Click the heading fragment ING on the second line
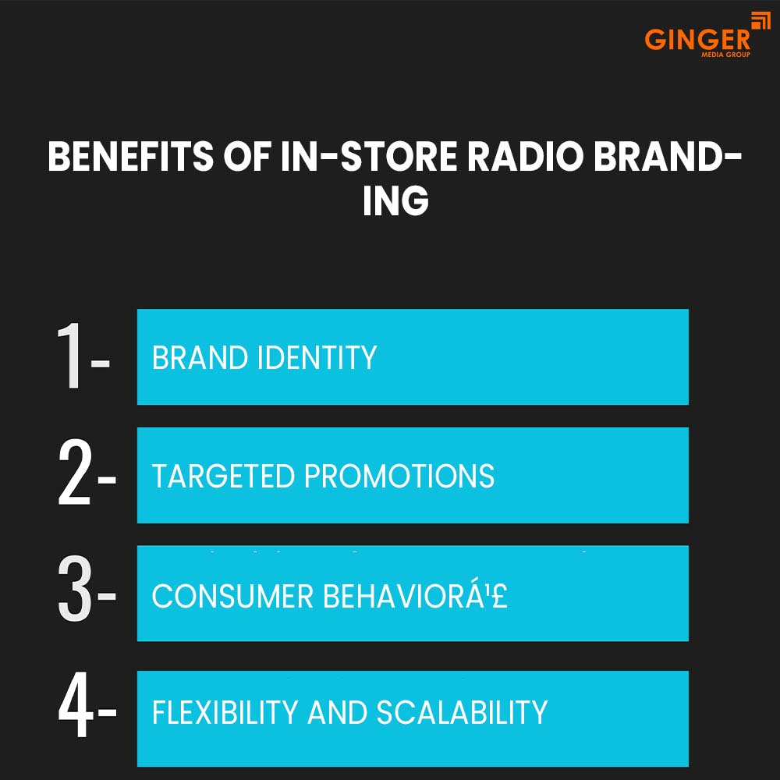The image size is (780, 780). (395, 201)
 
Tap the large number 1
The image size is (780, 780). (72, 357)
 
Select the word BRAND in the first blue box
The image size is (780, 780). (199, 358)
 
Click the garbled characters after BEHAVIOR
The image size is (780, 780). (490, 597)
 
